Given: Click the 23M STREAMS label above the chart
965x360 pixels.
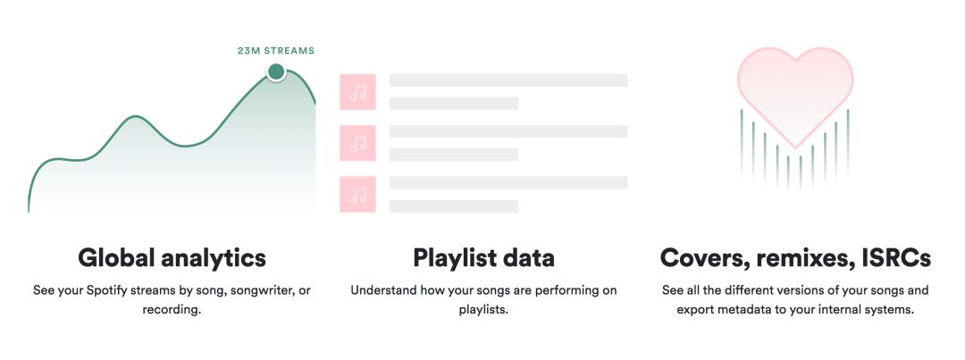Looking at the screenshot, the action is pyautogui.click(x=276, y=51).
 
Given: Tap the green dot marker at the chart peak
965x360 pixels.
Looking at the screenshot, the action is pyautogui.click(x=276, y=72).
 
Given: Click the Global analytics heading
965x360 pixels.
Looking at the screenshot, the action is pyautogui.click(x=172, y=257).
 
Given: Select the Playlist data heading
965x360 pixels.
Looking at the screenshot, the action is pyautogui.click(x=483, y=257).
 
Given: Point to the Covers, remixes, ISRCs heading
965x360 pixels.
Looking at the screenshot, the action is pyautogui.click(x=795, y=258).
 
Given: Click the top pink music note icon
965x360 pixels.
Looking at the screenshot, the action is pyautogui.click(x=357, y=92).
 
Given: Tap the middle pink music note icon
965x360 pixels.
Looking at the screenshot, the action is pyautogui.click(x=357, y=144).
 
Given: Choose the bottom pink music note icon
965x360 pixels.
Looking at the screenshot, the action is pyautogui.click(x=357, y=195).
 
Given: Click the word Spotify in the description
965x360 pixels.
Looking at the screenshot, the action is pyautogui.click(x=105, y=290).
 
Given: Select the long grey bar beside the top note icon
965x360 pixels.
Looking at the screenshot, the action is pyautogui.click(x=508, y=80).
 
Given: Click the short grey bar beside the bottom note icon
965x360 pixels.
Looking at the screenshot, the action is pyautogui.click(x=454, y=206).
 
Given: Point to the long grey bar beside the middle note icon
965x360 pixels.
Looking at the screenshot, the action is pyautogui.click(x=508, y=131).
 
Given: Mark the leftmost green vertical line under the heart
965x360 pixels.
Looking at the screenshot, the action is pyautogui.click(x=742, y=144).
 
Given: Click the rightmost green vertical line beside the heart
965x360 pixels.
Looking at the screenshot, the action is pyautogui.click(x=847, y=144).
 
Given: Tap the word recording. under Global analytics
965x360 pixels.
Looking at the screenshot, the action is pyautogui.click(x=172, y=310).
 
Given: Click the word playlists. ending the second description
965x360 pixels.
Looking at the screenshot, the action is pyautogui.click(x=483, y=310).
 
